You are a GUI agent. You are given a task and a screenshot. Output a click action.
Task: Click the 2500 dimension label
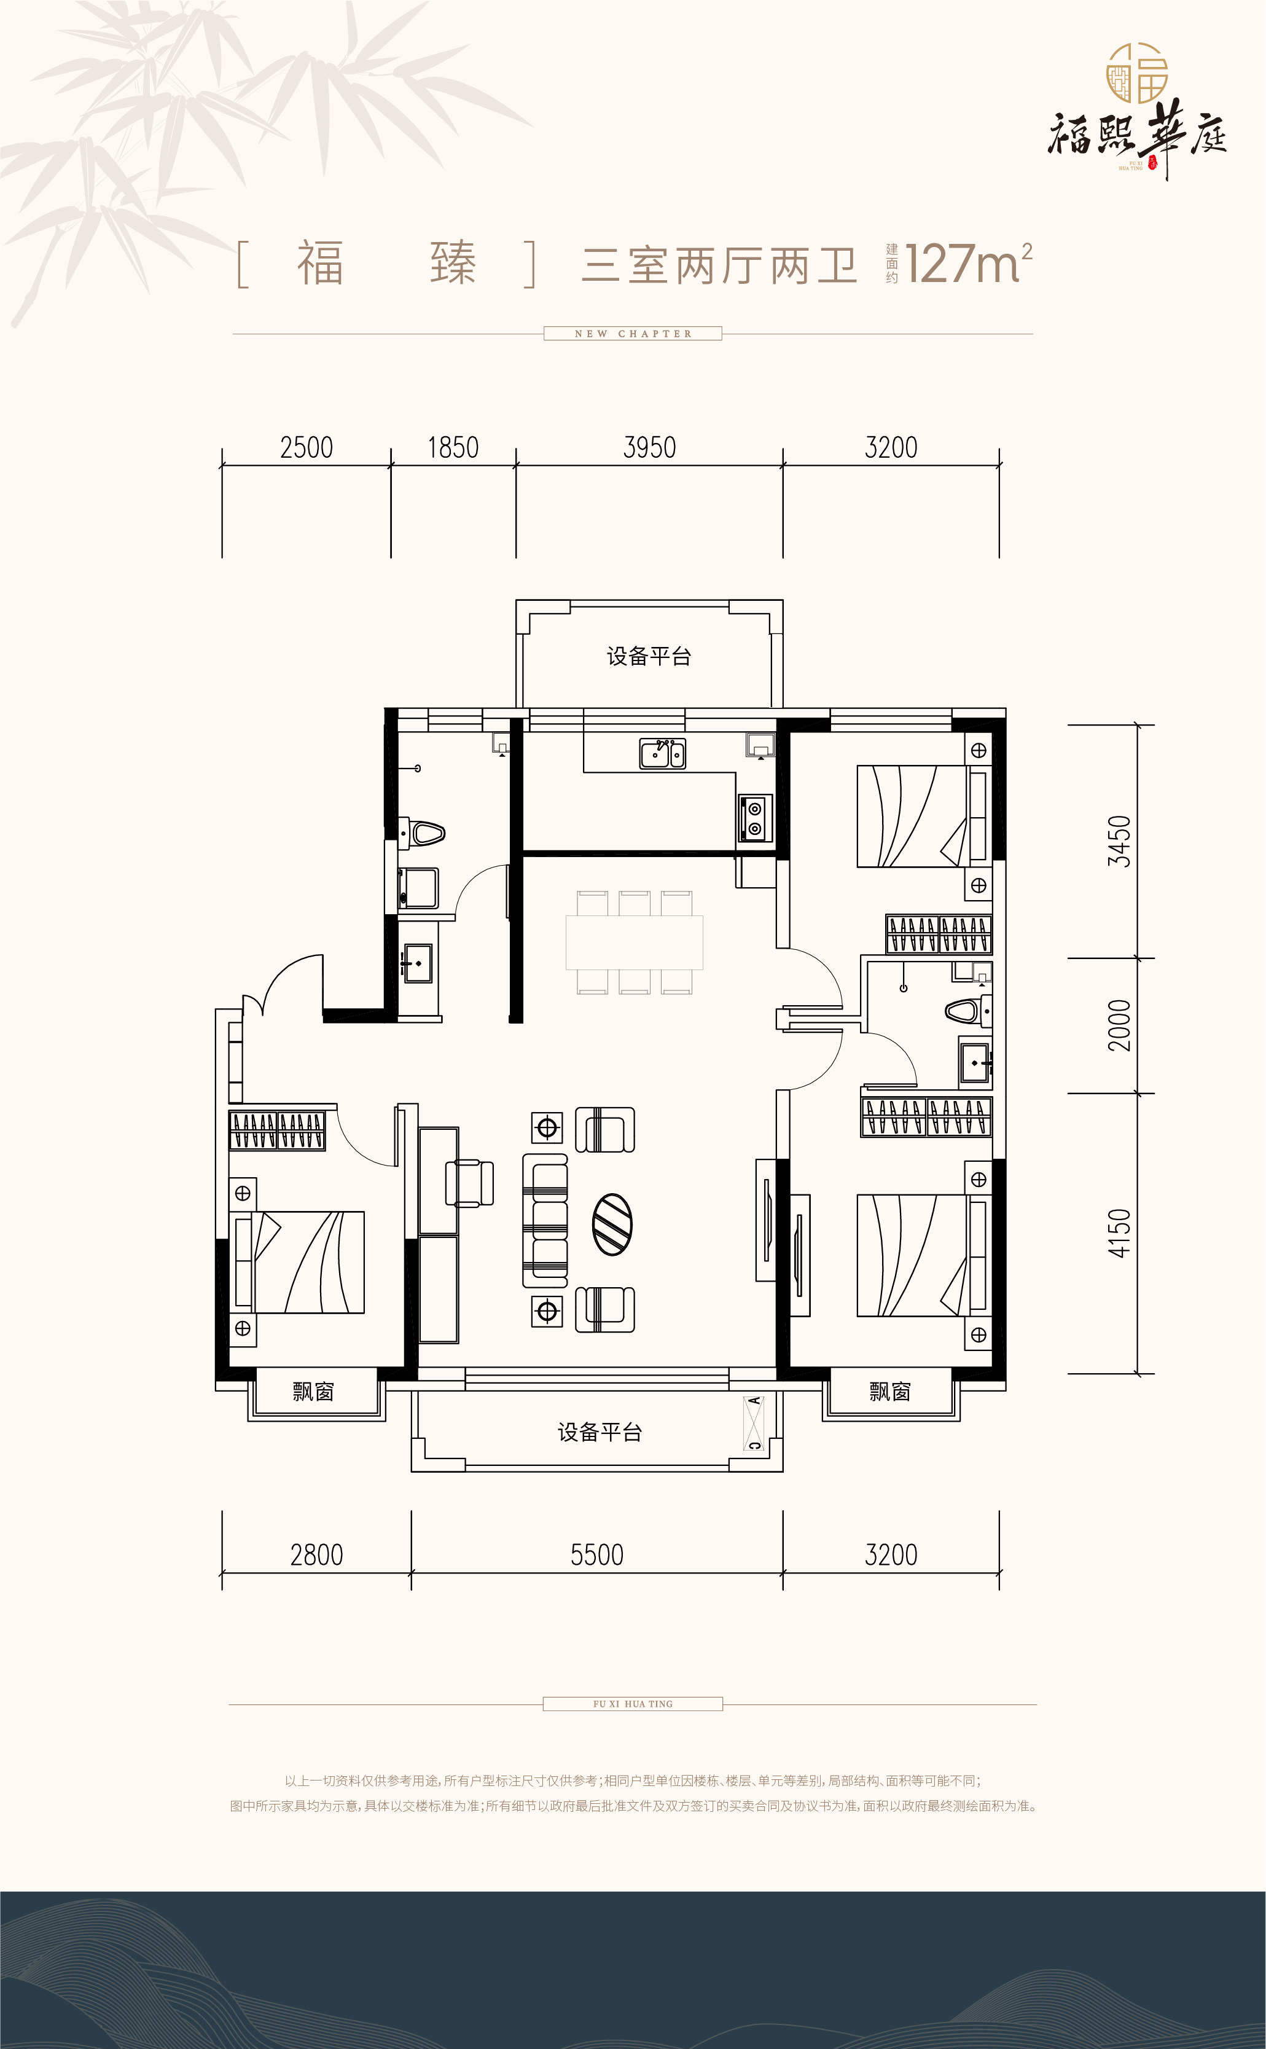coord(307,448)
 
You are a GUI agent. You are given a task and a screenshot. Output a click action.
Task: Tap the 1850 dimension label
coord(453,448)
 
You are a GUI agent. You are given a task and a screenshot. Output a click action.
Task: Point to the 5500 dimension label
coord(597,1556)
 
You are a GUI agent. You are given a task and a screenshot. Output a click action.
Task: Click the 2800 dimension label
coord(316,1556)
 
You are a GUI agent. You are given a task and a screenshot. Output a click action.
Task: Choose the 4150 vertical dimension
coord(1119,1232)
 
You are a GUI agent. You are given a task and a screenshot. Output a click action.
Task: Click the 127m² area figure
coord(968,263)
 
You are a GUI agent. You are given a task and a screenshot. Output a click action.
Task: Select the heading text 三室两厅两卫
coord(719,265)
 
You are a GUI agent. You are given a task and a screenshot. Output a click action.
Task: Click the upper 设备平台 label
coord(649,657)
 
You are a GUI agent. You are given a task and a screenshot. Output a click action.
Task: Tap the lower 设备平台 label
coord(600,1433)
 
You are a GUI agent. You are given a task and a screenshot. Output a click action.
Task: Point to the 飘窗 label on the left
coord(313,1392)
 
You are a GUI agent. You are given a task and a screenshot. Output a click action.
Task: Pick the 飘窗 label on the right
coord(890,1392)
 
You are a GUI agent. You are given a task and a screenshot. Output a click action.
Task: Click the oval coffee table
coord(612,1224)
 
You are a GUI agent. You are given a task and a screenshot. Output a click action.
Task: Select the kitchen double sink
coord(662,754)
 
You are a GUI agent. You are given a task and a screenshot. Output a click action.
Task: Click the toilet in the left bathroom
coord(422,833)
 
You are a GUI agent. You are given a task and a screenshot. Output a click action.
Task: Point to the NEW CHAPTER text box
coord(633,333)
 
